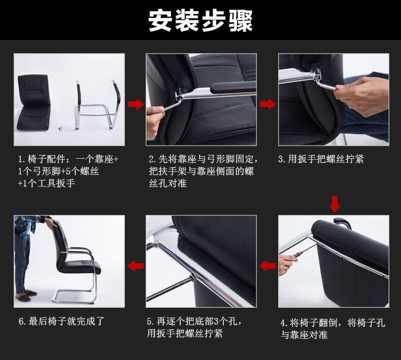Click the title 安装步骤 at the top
(201, 20)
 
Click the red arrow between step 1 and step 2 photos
(136, 104)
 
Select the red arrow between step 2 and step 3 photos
(268, 104)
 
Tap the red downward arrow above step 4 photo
(335, 204)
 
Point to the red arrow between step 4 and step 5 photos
(268, 266)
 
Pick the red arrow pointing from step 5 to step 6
(136, 266)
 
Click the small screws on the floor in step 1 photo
(60, 129)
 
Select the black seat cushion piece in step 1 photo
(34, 102)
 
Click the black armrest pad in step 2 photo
(232, 87)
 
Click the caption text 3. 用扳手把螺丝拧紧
(321, 159)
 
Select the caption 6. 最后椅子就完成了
(61, 321)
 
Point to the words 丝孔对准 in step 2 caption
(168, 183)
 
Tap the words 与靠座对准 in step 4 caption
(304, 335)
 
